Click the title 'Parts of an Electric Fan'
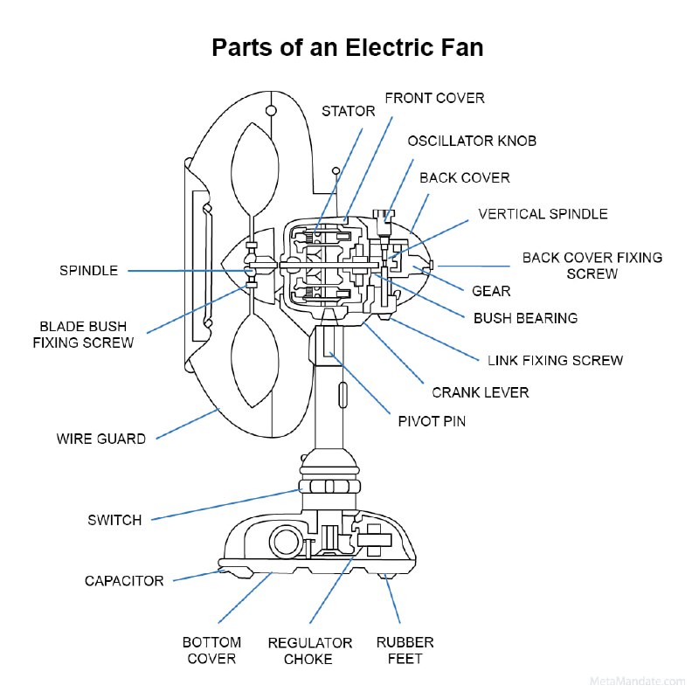pyautogui.click(x=347, y=47)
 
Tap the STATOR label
pyautogui.click(x=348, y=111)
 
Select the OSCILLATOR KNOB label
pyautogui.click(x=472, y=141)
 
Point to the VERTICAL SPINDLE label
pyautogui.click(x=543, y=214)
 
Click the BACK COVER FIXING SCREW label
pyautogui.click(x=592, y=266)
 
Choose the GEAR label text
pyautogui.click(x=491, y=291)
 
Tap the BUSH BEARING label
pyautogui.click(x=525, y=318)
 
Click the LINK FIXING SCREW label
pyautogui.click(x=555, y=360)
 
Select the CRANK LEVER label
pyautogui.click(x=480, y=392)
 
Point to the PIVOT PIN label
pyautogui.click(x=432, y=421)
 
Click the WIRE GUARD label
pyautogui.click(x=101, y=439)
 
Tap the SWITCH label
pyautogui.click(x=114, y=520)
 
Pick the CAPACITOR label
pyautogui.click(x=124, y=581)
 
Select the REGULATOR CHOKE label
pyautogui.click(x=310, y=651)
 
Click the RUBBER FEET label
pyautogui.click(x=405, y=650)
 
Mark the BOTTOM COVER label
pyautogui.click(x=211, y=650)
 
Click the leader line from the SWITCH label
pyautogui.click(x=226, y=505)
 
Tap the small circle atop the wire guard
pyautogui.click(x=271, y=111)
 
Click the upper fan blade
pyautogui.click(x=255, y=170)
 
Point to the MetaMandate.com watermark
pyautogui.click(x=637, y=682)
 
